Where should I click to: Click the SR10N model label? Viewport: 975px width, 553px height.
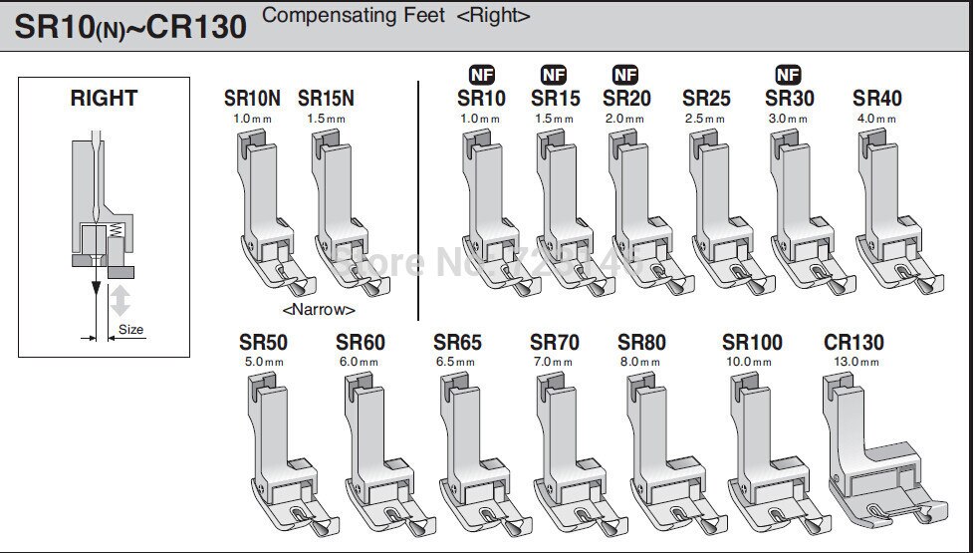click(252, 99)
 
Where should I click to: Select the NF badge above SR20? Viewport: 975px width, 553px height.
click(625, 75)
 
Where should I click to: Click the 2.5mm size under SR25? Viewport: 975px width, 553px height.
click(705, 119)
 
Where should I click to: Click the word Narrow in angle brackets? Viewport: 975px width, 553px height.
click(320, 310)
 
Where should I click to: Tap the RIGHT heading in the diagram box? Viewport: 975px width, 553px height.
click(104, 98)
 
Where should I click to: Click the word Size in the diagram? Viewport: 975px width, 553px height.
click(130, 328)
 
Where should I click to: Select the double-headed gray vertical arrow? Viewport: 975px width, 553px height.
click(122, 299)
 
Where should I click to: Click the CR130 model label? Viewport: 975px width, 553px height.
click(853, 343)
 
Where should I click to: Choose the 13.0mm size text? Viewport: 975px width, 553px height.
click(853, 363)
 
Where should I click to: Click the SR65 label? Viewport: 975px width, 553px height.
click(457, 343)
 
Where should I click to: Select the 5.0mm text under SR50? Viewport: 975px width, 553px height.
click(263, 363)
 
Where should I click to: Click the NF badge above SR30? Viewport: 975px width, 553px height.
click(788, 75)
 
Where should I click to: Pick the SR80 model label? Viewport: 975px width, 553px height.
click(642, 343)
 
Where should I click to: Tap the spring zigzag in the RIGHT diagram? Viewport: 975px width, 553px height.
click(116, 232)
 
